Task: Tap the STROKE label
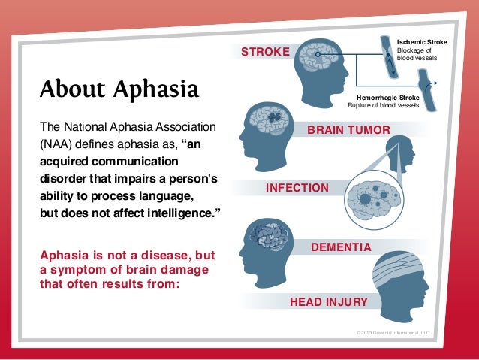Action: pos(264,52)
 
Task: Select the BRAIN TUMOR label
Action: pos(348,131)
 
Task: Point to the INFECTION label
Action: pos(297,187)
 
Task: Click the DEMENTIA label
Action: pos(341,247)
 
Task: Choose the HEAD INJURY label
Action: pos(328,302)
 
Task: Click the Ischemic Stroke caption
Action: pos(421,42)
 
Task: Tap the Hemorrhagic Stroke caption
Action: pos(388,98)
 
